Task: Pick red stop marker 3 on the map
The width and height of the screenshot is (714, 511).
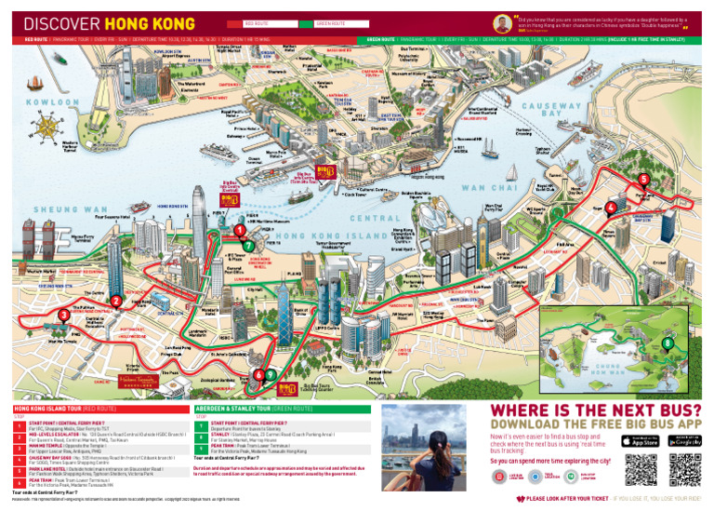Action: pos(63,316)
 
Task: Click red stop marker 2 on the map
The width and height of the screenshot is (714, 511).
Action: pos(116,301)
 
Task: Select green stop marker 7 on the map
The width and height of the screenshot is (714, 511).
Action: pos(249,245)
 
